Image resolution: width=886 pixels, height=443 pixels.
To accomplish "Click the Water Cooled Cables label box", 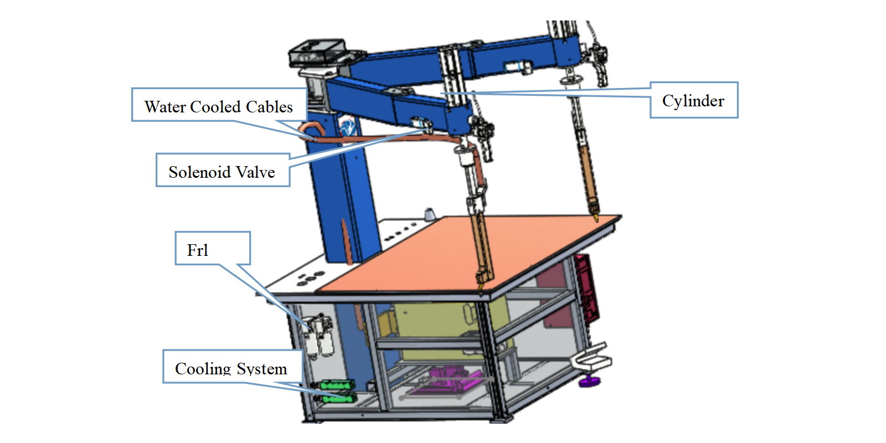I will coord(219,105).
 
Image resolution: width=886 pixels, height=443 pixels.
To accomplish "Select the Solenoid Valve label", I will coord(222,171).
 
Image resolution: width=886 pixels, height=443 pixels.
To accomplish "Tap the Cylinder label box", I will coord(693,100).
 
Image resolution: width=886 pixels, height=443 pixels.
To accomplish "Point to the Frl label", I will coord(213,249).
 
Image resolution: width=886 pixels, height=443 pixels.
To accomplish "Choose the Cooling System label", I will coord(231,367).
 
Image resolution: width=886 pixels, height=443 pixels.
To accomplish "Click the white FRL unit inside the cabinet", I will coord(319,336).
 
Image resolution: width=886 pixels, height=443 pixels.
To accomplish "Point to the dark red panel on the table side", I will coord(586,288).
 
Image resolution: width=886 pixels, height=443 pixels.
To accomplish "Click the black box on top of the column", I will coord(315,53).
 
